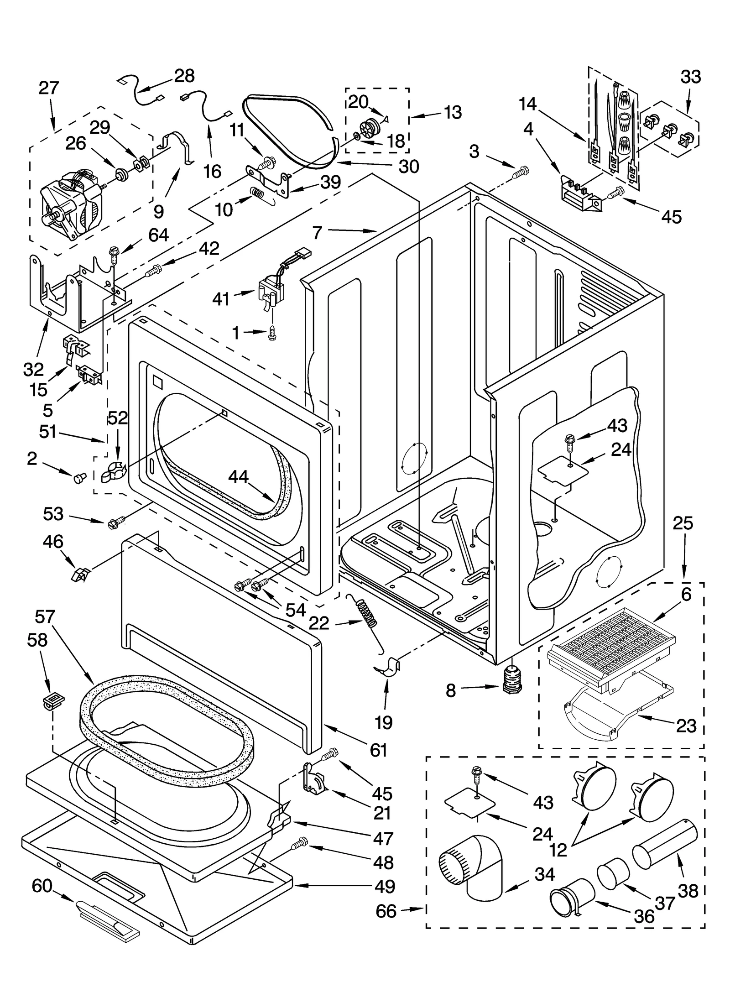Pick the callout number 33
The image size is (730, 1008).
(x=690, y=77)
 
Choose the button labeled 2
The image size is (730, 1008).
(x=80, y=477)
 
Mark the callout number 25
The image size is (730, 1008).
(x=683, y=523)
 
